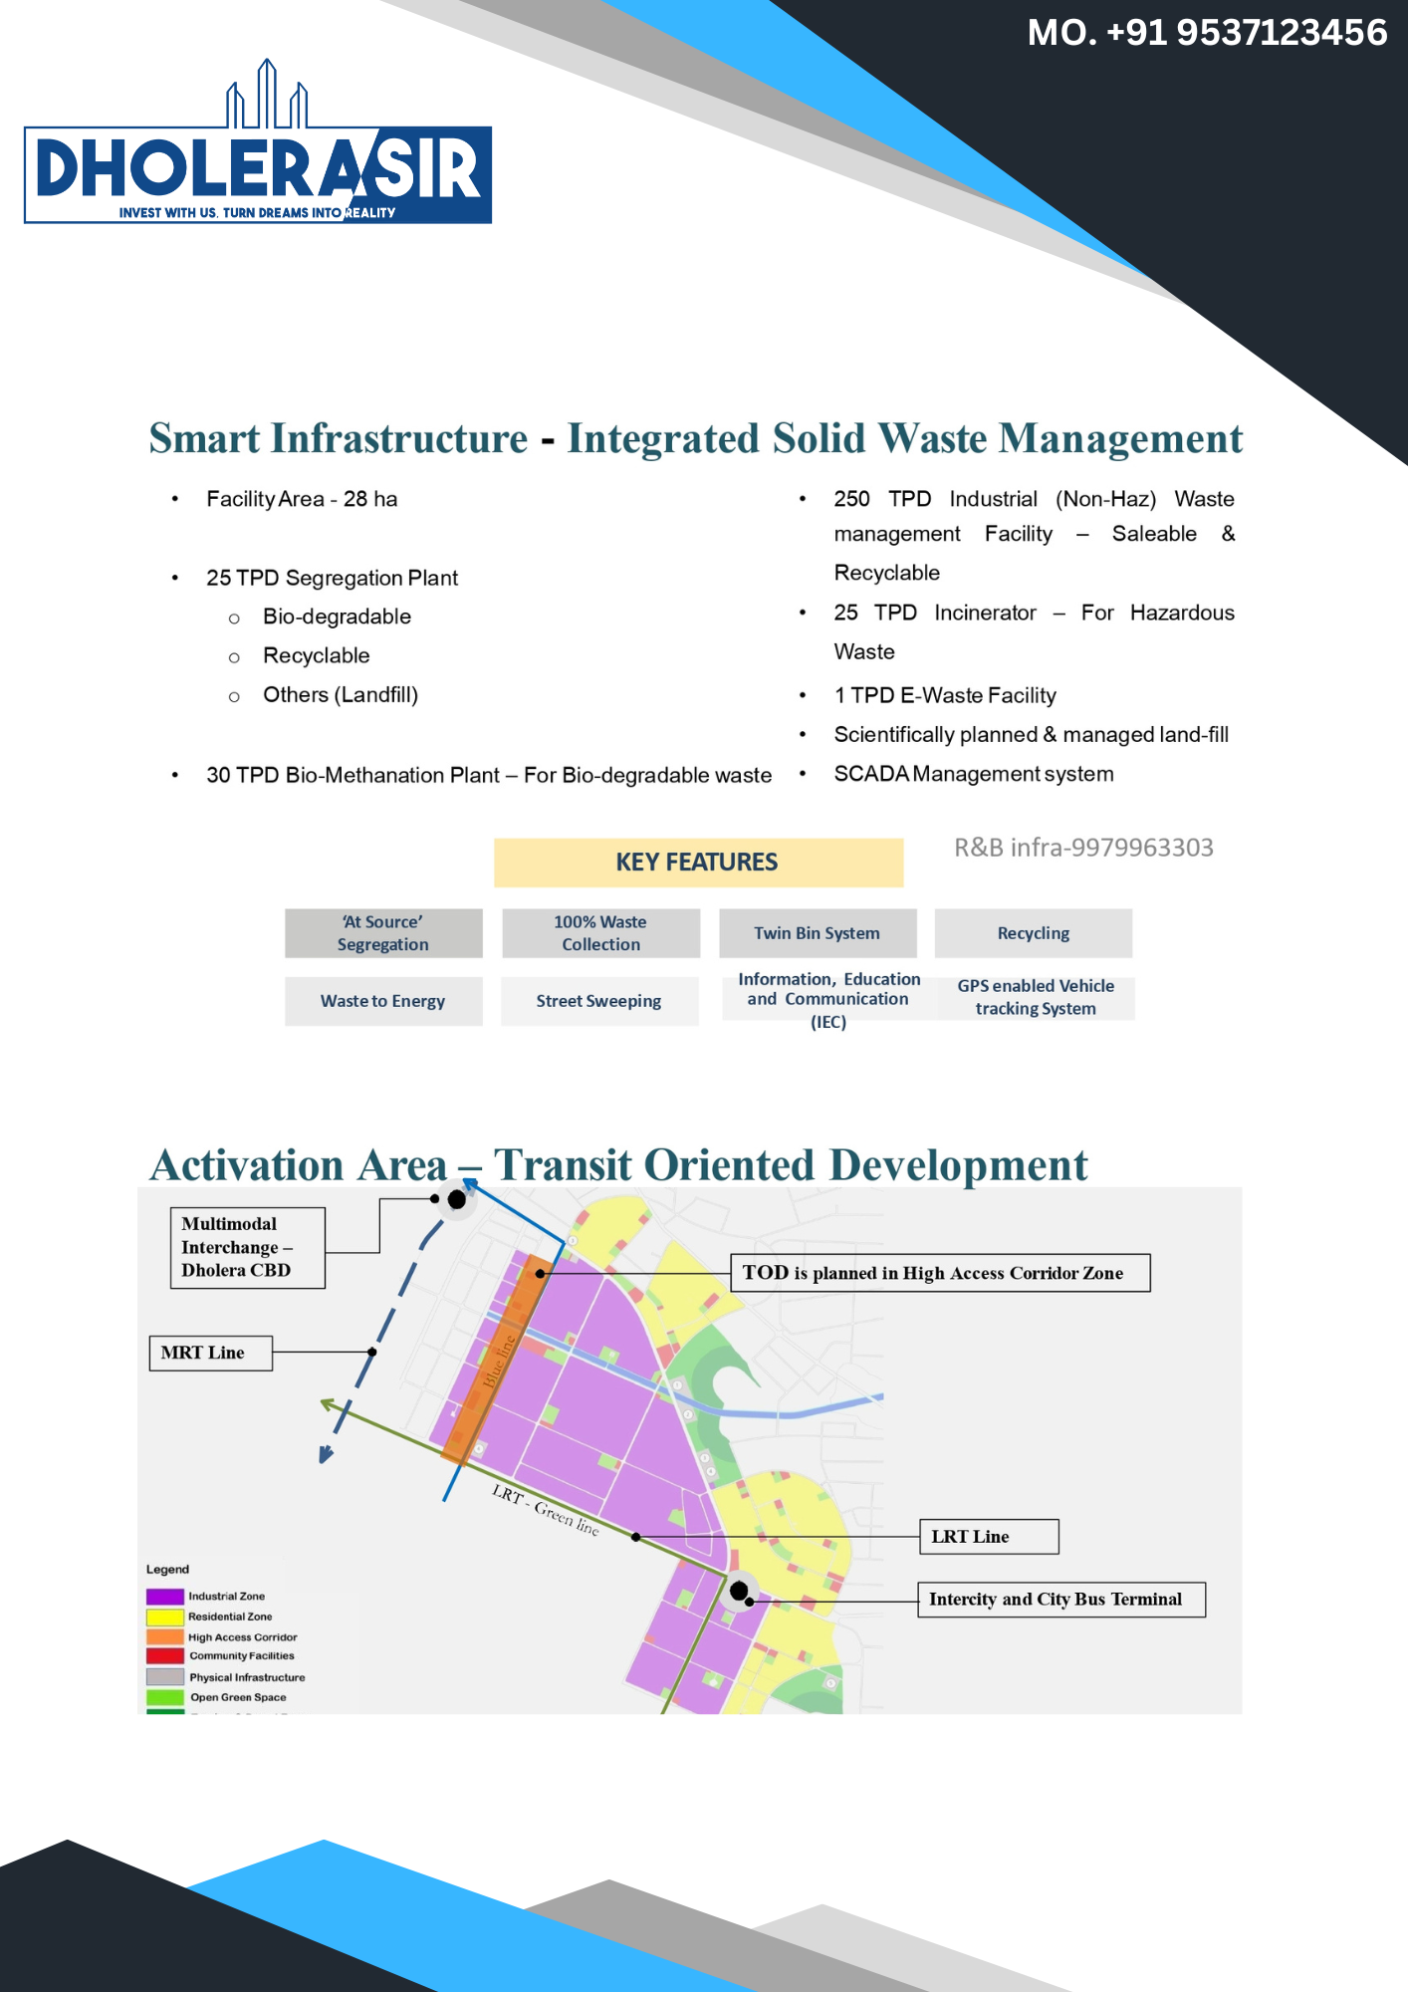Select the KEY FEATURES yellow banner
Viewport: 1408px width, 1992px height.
tap(698, 863)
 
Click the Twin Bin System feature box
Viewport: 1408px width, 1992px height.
tap(818, 933)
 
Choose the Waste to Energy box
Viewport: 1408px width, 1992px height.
tap(383, 1001)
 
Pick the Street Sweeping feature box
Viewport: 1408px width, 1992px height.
tap(599, 1001)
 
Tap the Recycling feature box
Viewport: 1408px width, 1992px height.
tap(1034, 933)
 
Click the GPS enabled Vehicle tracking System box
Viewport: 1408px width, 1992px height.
tap(1036, 997)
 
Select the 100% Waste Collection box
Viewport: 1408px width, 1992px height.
tap(601, 933)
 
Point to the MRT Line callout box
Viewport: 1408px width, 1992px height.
tap(210, 1353)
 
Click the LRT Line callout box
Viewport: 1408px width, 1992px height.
tap(989, 1537)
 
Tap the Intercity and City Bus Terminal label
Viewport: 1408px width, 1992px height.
tap(1060, 1600)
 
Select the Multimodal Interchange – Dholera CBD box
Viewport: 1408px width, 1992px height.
tap(247, 1248)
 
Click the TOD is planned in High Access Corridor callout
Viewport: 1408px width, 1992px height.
tap(940, 1273)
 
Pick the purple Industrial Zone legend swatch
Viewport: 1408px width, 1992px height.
tap(165, 1597)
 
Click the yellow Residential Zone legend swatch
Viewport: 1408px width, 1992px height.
tap(165, 1617)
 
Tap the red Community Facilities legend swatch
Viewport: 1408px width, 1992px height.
tap(165, 1656)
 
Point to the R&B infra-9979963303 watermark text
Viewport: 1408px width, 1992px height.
tap(1083, 848)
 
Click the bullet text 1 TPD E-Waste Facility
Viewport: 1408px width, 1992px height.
tap(945, 695)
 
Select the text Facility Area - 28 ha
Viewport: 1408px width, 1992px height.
tap(302, 499)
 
